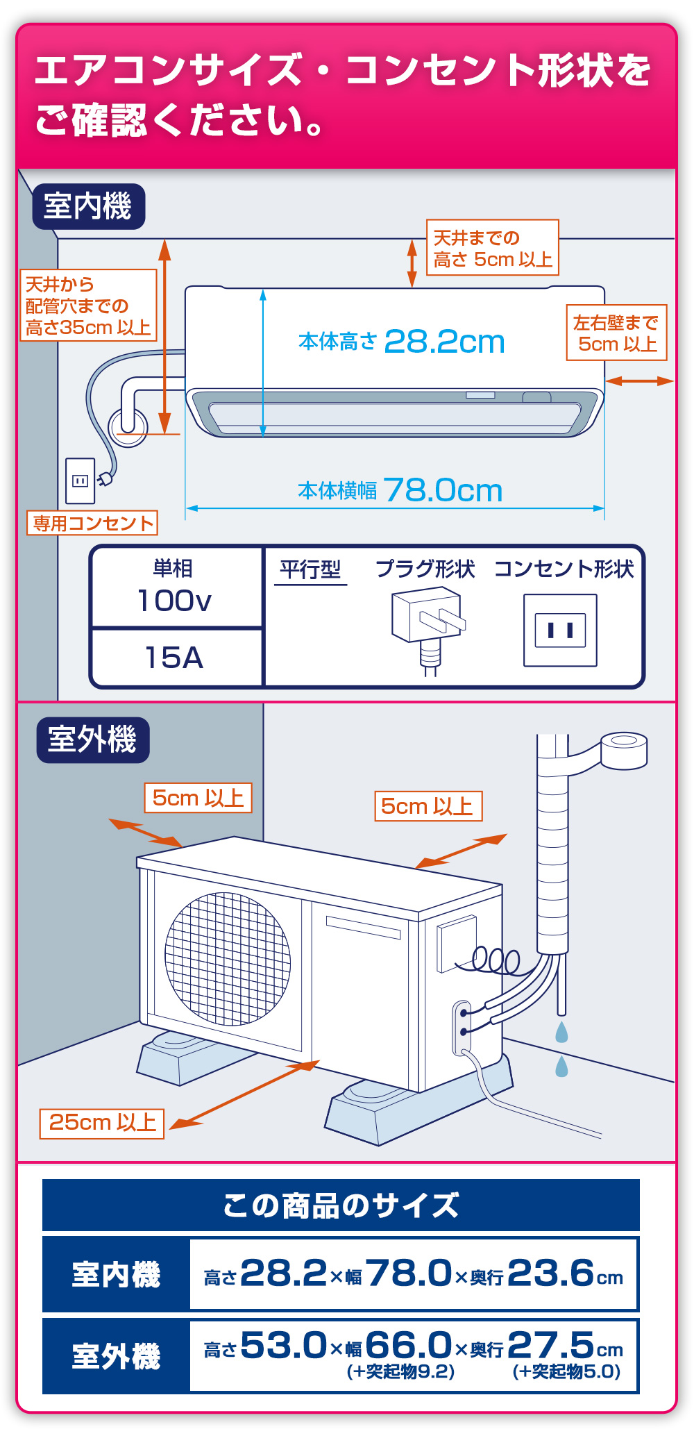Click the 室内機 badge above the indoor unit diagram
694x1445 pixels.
(88, 206)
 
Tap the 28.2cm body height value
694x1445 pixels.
(444, 342)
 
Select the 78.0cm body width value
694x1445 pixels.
(442, 490)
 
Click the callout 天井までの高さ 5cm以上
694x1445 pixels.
(492, 248)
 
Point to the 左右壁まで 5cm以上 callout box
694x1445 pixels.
(616, 333)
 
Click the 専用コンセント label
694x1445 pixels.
(92, 523)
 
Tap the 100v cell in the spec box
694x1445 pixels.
(175, 600)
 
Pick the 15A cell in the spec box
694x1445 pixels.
(174, 658)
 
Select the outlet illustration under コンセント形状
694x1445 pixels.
(560, 630)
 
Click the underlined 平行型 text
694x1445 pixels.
(310, 570)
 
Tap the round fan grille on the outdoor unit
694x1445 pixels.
(228, 958)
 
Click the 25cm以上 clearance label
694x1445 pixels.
(102, 1123)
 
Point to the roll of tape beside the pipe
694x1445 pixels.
(624, 750)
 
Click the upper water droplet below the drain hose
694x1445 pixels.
(561, 1032)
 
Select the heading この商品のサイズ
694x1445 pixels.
(341, 1205)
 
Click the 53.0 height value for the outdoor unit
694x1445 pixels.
(283, 1345)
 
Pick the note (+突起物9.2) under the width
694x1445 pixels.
(400, 1371)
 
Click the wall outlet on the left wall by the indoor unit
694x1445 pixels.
(81, 481)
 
